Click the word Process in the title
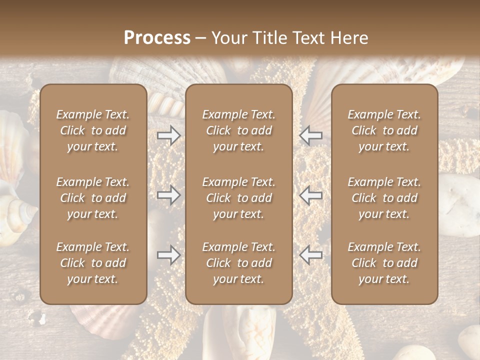(x=157, y=38)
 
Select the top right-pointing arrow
(x=169, y=135)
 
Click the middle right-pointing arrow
(x=169, y=195)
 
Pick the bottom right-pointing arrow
(x=169, y=255)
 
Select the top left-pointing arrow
(x=311, y=135)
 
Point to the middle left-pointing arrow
(x=311, y=195)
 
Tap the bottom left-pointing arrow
(x=311, y=255)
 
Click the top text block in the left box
(x=93, y=130)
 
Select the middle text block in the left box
(x=93, y=198)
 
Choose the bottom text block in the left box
(x=93, y=263)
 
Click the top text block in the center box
(x=239, y=130)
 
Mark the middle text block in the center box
(x=239, y=198)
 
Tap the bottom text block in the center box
(x=239, y=263)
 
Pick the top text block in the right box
(x=384, y=130)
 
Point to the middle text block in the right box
(x=384, y=198)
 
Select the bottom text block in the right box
(x=384, y=263)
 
